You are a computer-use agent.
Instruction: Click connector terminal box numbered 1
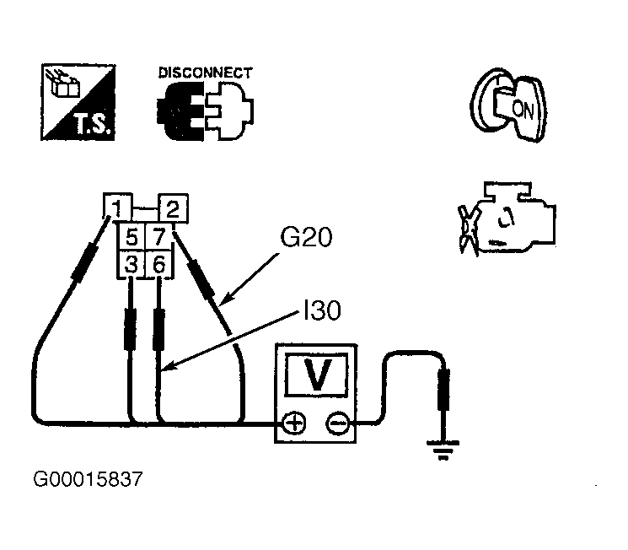click(117, 206)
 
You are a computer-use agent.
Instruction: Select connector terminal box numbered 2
click(173, 208)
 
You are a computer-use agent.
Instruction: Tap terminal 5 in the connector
click(132, 237)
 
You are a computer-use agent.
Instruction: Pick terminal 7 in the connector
click(159, 237)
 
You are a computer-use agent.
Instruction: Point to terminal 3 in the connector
click(132, 265)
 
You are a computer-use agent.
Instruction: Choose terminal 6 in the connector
click(159, 265)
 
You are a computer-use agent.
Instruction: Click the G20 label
click(306, 237)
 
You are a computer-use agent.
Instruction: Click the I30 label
click(322, 310)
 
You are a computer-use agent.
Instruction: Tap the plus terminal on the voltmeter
click(294, 423)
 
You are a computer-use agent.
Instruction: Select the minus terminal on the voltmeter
click(338, 423)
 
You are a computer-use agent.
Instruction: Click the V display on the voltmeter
click(316, 375)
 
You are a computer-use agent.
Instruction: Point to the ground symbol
click(443, 450)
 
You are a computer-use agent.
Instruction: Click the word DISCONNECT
click(206, 73)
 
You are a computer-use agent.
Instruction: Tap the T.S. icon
click(78, 102)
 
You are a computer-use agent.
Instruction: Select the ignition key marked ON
click(508, 105)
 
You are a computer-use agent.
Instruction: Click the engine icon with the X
click(507, 218)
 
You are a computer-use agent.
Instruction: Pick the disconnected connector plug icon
click(205, 111)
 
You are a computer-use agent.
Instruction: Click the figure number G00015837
click(88, 479)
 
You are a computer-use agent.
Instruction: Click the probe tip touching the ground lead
click(443, 391)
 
